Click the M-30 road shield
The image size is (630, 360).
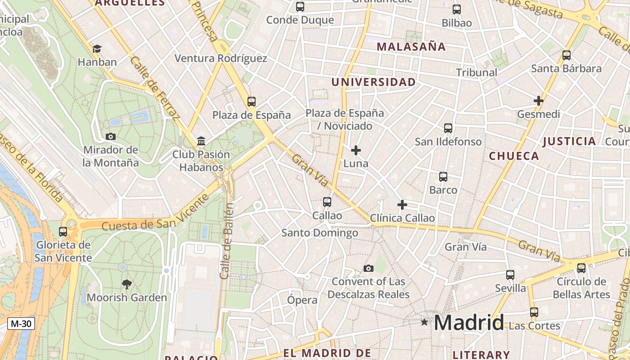pyautogui.click(x=21, y=323)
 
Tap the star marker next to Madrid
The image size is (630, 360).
pyautogui.click(x=424, y=322)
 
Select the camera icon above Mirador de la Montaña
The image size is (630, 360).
pyautogui.click(x=110, y=136)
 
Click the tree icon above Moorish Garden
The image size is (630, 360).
pyautogui.click(x=127, y=283)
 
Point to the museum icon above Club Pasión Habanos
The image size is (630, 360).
pyautogui.click(x=201, y=141)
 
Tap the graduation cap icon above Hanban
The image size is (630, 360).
pyautogui.click(x=97, y=49)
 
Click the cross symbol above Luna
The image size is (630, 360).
pyautogui.click(x=356, y=150)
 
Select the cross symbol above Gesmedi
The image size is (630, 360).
pyautogui.click(x=538, y=100)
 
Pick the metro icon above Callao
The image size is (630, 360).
pyautogui.click(x=327, y=202)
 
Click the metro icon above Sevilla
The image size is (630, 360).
pyautogui.click(x=510, y=274)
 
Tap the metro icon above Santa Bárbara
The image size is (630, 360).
pyautogui.click(x=567, y=55)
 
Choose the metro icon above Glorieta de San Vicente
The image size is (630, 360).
pyautogui.click(x=63, y=232)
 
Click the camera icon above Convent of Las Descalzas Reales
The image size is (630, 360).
pyautogui.click(x=369, y=268)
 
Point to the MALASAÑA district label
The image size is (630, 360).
pyautogui.click(x=411, y=46)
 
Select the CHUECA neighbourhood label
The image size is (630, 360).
pyautogui.click(x=514, y=156)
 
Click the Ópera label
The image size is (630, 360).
pyautogui.click(x=302, y=300)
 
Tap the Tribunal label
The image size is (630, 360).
pyautogui.click(x=477, y=72)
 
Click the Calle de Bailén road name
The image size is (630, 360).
pyautogui.click(x=227, y=241)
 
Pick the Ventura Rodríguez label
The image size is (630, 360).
pyautogui.click(x=220, y=58)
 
